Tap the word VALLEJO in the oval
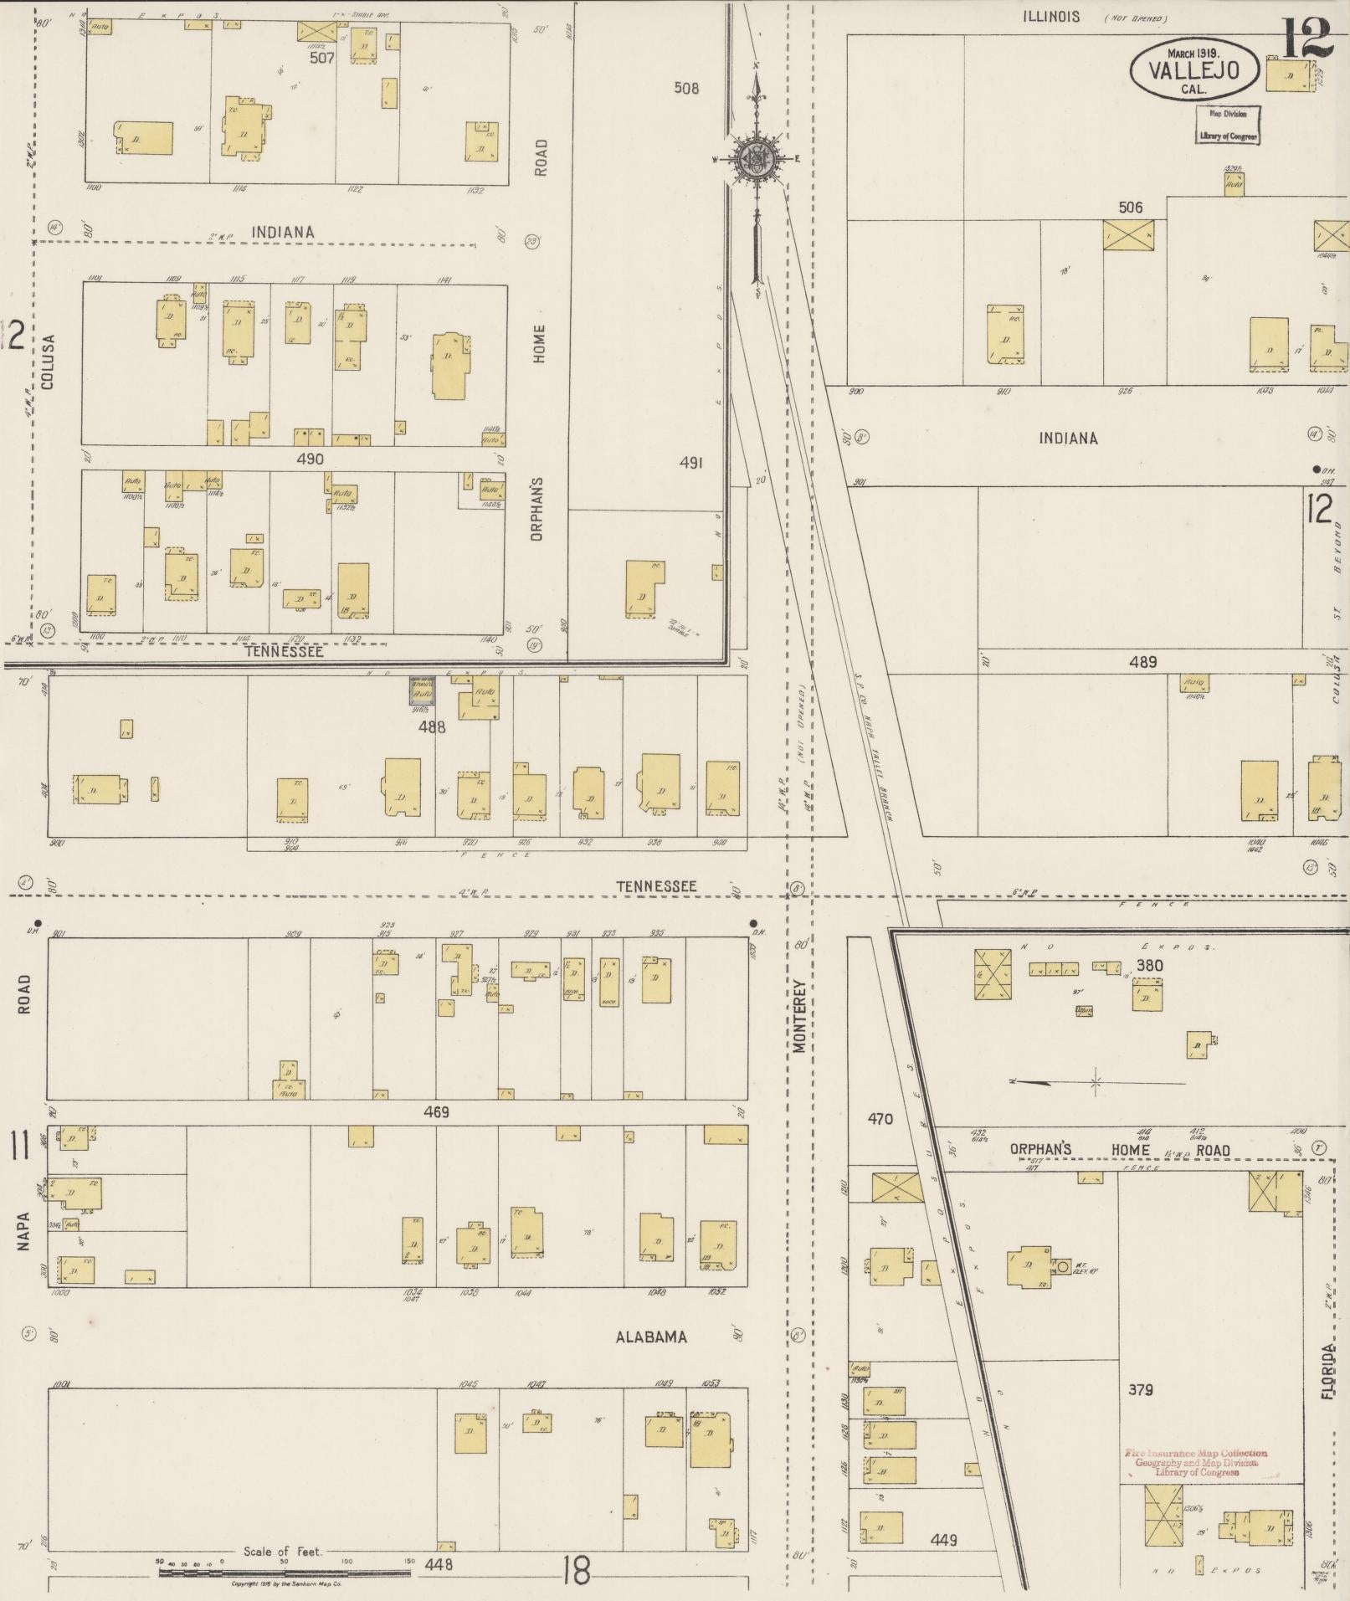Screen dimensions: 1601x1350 [1193, 70]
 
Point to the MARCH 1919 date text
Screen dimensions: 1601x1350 [1193, 53]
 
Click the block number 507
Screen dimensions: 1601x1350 [321, 58]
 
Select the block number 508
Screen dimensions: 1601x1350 [686, 88]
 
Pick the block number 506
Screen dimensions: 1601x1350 [1131, 207]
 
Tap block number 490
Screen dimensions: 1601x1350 [310, 459]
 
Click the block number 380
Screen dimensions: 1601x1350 [1149, 965]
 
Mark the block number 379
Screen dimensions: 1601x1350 [1140, 1389]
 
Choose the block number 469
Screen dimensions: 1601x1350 [436, 1112]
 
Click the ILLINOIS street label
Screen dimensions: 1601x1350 [1050, 16]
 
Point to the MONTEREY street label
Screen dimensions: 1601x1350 [799, 1016]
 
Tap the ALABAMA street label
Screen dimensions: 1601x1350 [651, 1337]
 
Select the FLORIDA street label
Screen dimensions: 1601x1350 [1328, 1372]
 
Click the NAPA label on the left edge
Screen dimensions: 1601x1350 [23, 1231]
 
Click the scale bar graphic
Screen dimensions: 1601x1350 [285, 1573]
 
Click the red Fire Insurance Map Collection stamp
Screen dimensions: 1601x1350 [1195, 1462]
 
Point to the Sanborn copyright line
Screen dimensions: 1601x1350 [285, 1584]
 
